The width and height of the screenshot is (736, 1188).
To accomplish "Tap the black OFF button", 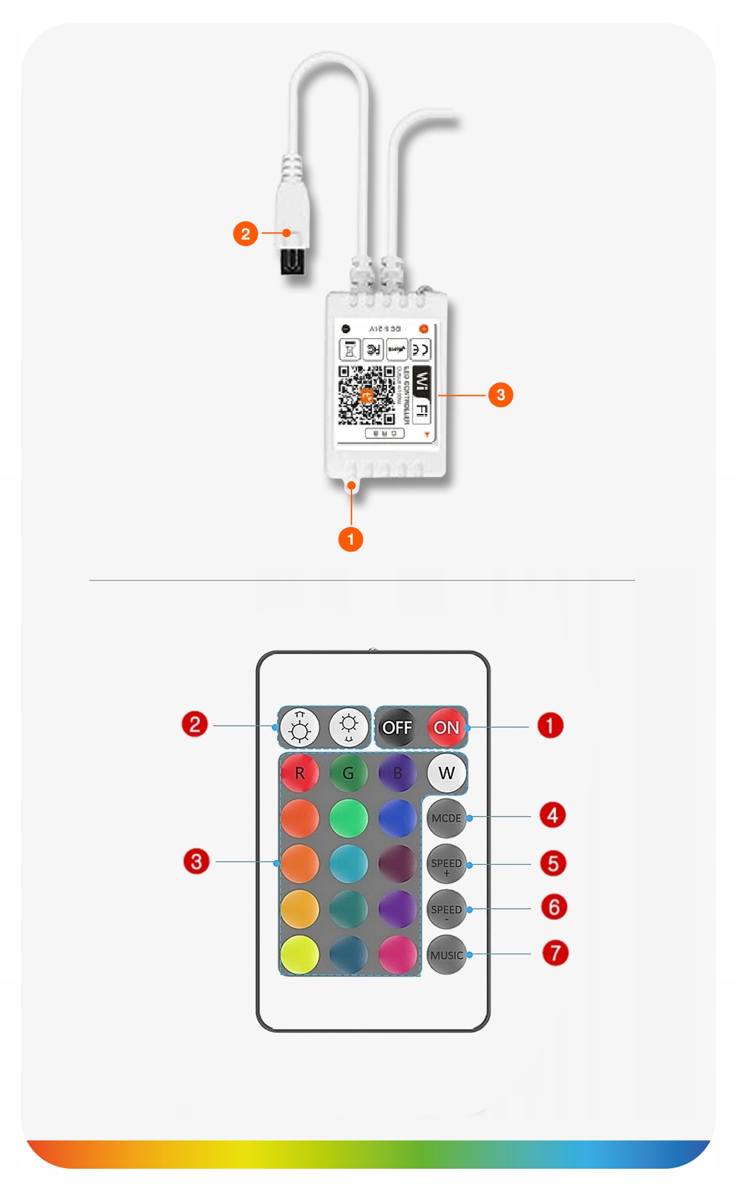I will (397, 727).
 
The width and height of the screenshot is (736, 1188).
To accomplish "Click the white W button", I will (446, 773).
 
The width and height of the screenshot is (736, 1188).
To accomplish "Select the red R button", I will (299, 773).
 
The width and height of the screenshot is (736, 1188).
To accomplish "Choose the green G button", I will (348, 773).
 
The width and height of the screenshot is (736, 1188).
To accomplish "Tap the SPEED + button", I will (446, 865).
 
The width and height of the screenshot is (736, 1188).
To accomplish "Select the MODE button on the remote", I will (446, 818).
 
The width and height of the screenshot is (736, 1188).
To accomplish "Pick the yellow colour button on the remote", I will (299, 955).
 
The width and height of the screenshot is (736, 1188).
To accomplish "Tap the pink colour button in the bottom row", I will (397, 955).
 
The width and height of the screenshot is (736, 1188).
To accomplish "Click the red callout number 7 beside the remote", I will (555, 953).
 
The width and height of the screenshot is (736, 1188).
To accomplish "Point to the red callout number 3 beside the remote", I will (196, 861).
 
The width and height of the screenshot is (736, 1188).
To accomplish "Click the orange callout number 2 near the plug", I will (245, 234).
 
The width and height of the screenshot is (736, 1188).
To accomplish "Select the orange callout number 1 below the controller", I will (350, 539).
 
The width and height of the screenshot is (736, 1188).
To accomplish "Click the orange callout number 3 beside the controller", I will (500, 395).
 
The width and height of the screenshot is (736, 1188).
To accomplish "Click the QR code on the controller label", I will (366, 395).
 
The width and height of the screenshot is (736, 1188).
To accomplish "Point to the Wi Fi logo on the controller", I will (421, 395).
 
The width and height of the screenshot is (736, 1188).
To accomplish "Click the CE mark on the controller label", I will (420, 350).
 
